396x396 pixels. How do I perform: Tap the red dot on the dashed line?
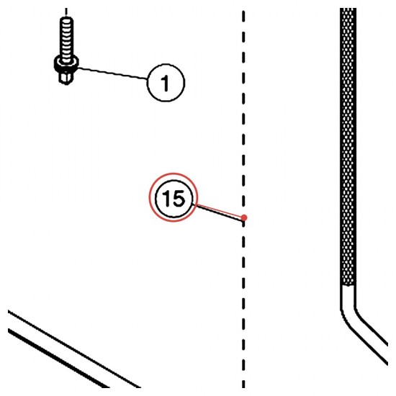click(243, 217)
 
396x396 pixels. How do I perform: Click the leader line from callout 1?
click(112, 73)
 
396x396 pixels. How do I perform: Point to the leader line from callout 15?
click(217, 212)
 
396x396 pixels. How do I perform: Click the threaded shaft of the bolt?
click(66, 40)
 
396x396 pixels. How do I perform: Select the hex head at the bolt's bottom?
click(66, 78)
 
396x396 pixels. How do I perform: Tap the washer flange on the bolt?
click(66, 63)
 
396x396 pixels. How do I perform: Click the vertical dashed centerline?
click(243, 199)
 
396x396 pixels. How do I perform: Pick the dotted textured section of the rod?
click(348, 146)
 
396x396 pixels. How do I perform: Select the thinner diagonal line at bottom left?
click(74, 349)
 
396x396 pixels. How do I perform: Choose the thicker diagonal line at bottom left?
click(58, 358)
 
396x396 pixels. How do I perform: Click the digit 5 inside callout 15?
click(179, 199)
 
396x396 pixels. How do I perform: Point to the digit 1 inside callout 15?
click(167, 199)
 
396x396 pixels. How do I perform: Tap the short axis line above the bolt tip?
click(66, 12)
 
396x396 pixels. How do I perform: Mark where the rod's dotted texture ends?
click(348, 285)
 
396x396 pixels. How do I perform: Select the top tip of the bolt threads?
click(66, 18)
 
